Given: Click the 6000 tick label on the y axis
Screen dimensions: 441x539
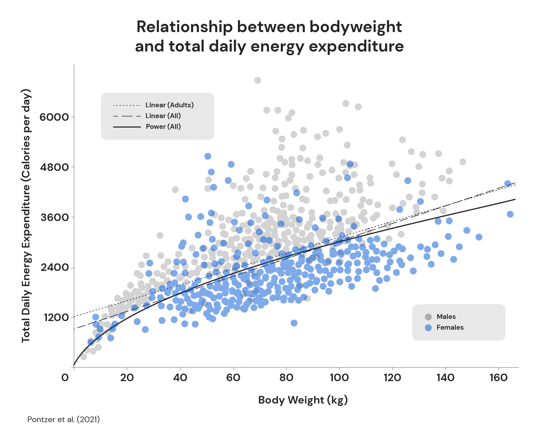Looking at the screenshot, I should (54, 117).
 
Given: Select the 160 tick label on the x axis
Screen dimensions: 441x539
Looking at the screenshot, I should (498, 378).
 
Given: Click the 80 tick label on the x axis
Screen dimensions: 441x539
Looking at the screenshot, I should (286, 378).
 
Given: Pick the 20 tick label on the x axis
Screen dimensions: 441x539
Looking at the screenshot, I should (127, 378).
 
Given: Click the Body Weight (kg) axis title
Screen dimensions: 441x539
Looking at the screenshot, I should (303, 400).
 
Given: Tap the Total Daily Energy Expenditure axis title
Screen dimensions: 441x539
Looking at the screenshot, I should (26, 216).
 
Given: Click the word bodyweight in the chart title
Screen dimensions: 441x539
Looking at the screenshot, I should (355, 27).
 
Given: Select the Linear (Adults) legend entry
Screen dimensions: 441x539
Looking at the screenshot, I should (170, 105).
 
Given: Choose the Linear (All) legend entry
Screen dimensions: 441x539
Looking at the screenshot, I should (163, 116).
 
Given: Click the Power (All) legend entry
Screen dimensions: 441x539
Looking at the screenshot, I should (163, 127).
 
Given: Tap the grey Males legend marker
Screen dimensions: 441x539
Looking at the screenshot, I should (428, 317).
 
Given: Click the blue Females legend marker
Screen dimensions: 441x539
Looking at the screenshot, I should (428, 328).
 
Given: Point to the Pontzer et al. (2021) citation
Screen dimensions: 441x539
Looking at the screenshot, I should (64, 419).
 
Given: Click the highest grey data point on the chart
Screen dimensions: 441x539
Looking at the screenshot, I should (258, 80).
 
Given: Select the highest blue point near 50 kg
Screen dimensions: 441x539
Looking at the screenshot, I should (208, 156).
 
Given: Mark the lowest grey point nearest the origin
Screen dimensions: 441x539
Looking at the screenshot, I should (84, 357).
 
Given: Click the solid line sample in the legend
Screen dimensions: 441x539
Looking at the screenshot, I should (127, 127).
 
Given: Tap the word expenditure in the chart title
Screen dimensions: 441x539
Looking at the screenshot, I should (356, 46).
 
